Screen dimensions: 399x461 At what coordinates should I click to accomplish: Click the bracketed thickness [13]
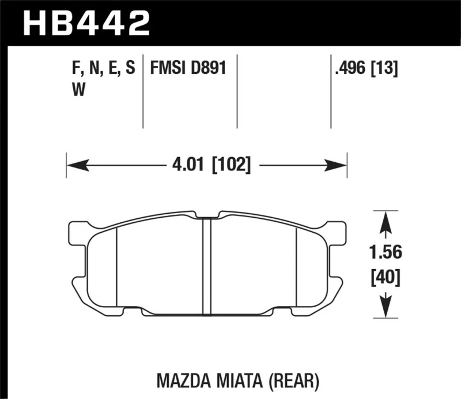click(x=387, y=69)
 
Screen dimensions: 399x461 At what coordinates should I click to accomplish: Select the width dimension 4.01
click(x=188, y=166)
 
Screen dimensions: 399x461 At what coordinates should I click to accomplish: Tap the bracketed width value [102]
click(x=231, y=166)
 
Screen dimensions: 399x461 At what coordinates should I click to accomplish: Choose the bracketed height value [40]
click(x=384, y=279)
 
